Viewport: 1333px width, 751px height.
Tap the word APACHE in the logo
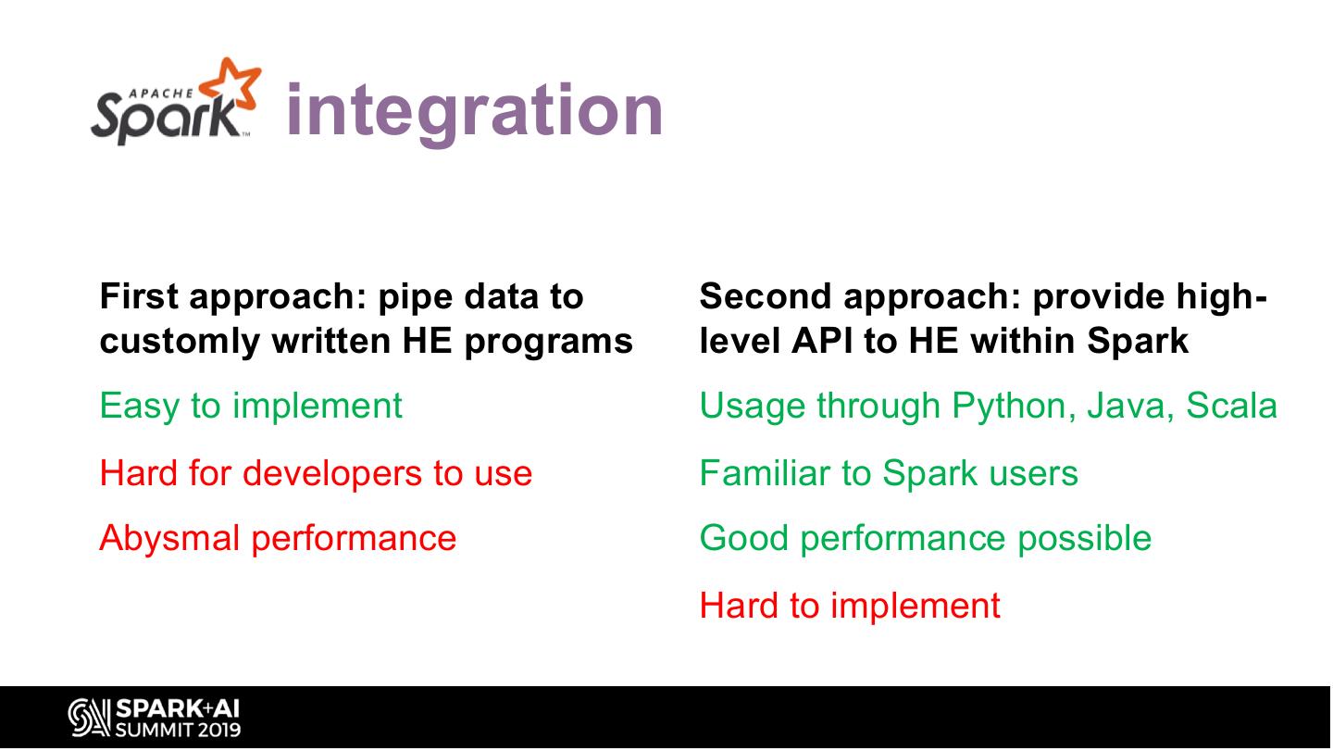[161, 94]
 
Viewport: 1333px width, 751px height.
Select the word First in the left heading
[139, 295]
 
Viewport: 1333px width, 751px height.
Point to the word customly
[180, 342]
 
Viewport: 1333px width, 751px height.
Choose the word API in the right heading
[822, 341]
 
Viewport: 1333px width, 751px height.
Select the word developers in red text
[332, 474]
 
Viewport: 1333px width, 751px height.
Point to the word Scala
[1231, 406]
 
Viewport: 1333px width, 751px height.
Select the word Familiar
[765, 474]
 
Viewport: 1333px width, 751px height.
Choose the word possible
[1084, 539]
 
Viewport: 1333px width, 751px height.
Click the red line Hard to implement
[850, 607]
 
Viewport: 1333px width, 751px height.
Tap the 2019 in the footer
[219, 731]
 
